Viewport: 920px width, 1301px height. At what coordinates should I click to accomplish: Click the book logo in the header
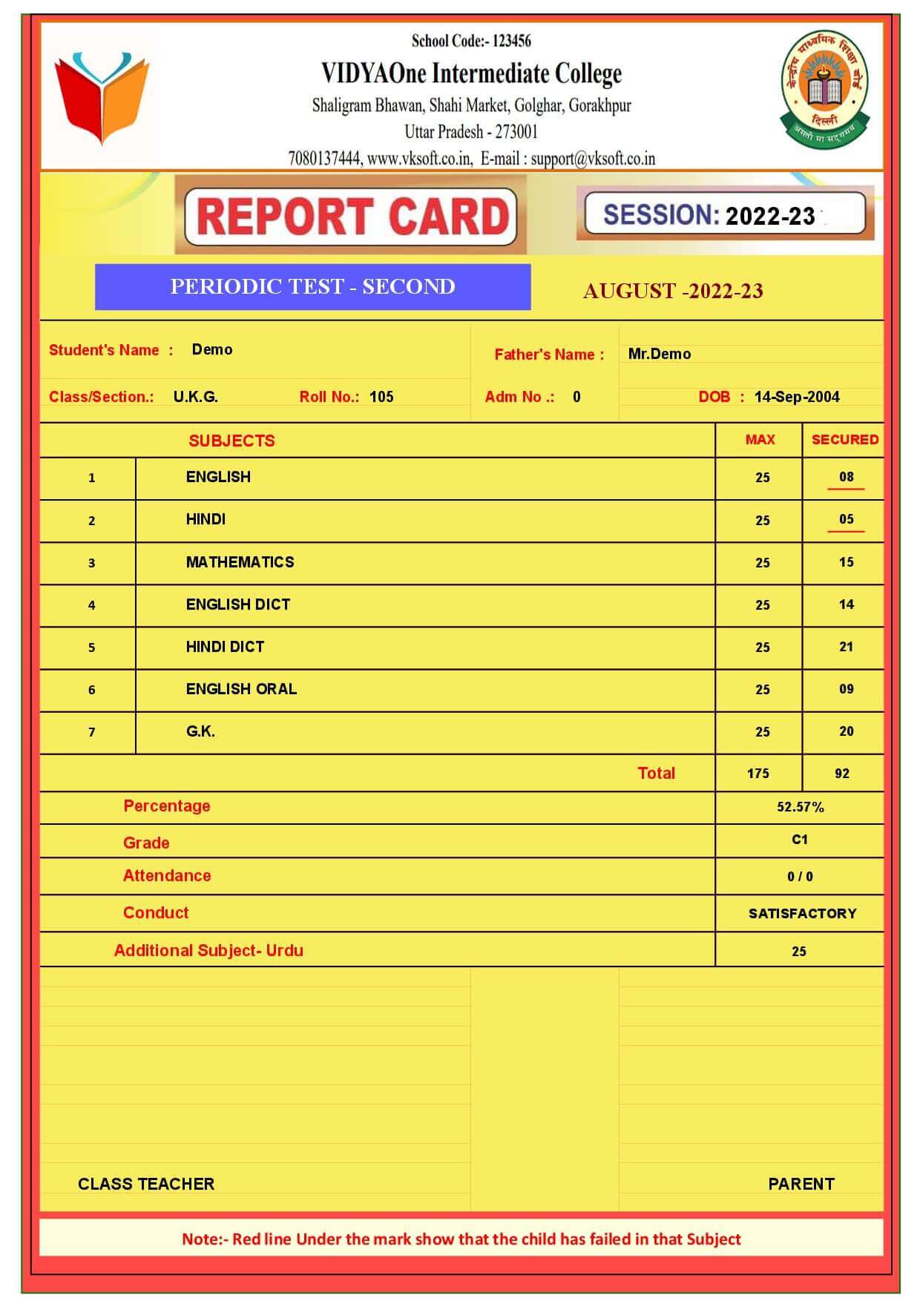point(102,96)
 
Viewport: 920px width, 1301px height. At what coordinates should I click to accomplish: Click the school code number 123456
point(512,41)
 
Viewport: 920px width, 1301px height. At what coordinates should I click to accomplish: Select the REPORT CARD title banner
point(351,216)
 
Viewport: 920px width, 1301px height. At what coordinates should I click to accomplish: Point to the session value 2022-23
point(770,216)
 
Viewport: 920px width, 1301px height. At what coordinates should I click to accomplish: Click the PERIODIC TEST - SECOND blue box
point(312,286)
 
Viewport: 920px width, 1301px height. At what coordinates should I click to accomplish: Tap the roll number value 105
point(381,397)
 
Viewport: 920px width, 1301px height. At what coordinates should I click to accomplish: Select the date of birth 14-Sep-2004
point(797,397)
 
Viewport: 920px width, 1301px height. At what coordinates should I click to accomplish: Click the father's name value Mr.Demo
point(659,354)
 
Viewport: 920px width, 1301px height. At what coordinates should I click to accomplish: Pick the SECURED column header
point(844,439)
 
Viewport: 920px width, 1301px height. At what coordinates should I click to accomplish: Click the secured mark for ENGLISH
point(847,477)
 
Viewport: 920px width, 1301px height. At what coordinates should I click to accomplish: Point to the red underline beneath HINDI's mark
point(846,531)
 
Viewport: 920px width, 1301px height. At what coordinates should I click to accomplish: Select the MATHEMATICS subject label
point(240,562)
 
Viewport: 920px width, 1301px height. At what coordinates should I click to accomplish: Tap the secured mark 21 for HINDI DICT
point(846,647)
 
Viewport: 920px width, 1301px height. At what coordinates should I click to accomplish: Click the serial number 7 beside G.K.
point(91,732)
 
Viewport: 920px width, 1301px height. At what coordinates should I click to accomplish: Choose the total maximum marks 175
point(758,774)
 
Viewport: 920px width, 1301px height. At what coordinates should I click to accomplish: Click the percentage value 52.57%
point(800,807)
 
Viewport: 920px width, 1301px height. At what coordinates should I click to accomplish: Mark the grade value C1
point(799,840)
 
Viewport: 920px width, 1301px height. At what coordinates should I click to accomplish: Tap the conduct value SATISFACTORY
point(802,914)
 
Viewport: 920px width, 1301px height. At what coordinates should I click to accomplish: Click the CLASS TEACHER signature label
point(146,1184)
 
